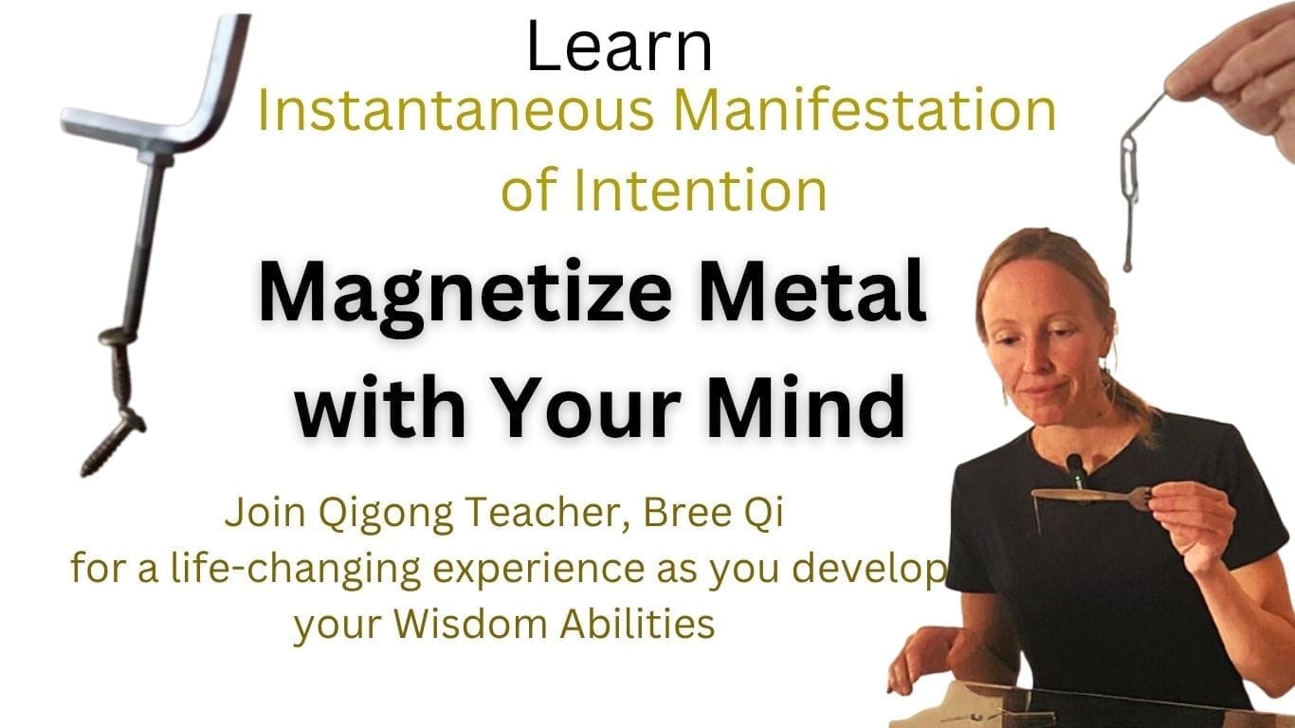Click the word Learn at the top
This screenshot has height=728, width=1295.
coord(619,46)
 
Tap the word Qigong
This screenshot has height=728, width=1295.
coord(386,515)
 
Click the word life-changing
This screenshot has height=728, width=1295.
coord(296,572)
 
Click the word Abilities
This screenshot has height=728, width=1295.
coord(637,624)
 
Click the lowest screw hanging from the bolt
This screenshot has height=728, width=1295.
coord(112,443)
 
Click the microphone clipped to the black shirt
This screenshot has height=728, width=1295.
coord(1076,471)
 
